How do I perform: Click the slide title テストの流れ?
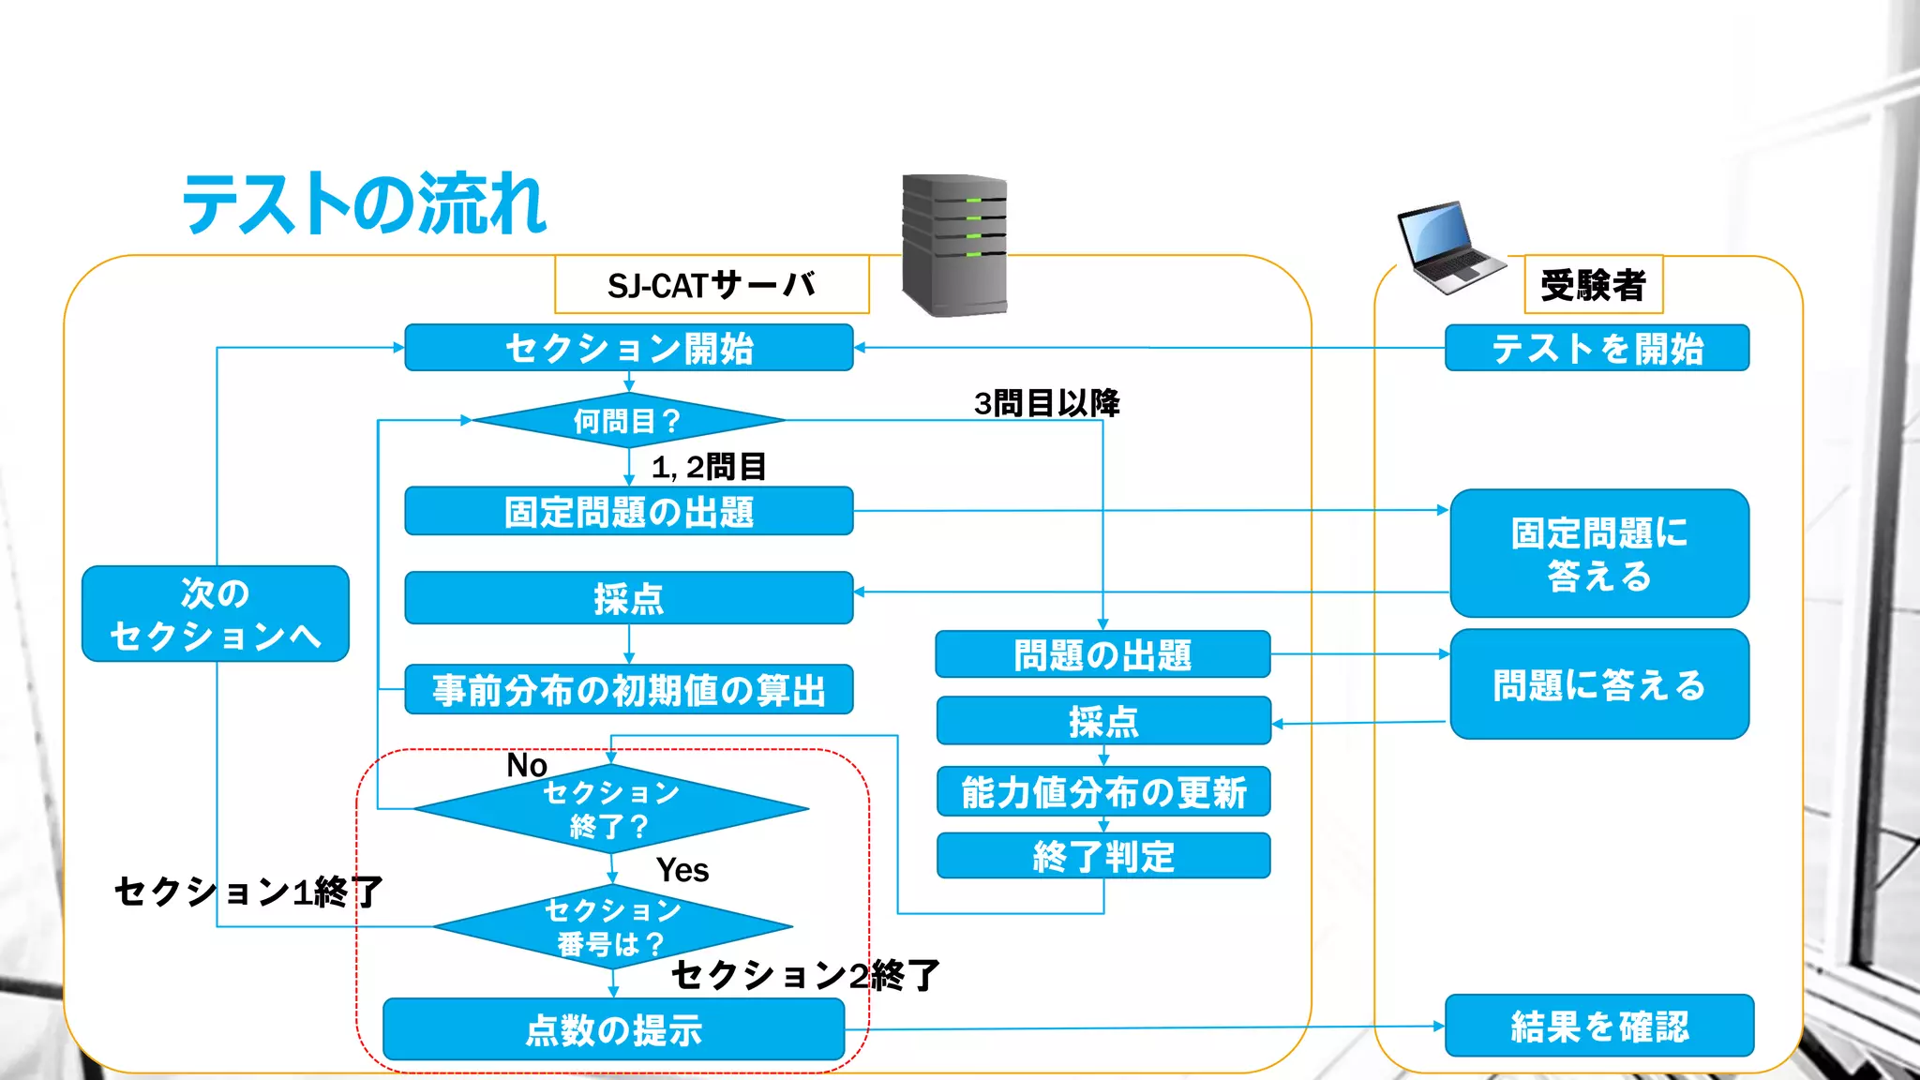click(364, 203)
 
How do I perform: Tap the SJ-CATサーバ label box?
click(712, 284)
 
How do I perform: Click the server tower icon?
click(954, 245)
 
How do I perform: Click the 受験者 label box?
click(1593, 284)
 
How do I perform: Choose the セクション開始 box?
click(628, 348)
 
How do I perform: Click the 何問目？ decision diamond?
click(628, 421)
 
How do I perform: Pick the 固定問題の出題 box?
click(628, 511)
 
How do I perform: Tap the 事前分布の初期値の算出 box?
click(628, 690)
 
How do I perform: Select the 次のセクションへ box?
click(216, 614)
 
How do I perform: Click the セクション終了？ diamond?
click(611, 809)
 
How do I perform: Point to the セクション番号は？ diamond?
click(613, 926)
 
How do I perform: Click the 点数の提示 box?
click(613, 1029)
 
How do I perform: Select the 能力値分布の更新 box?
click(1103, 792)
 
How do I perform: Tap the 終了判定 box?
click(1103, 856)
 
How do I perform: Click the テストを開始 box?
click(1597, 348)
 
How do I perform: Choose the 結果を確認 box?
click(1598, 1026)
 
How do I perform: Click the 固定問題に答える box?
click(1598, 553)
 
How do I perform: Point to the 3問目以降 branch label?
click(1046, 403)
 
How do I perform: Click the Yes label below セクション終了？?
click(682, 870)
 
